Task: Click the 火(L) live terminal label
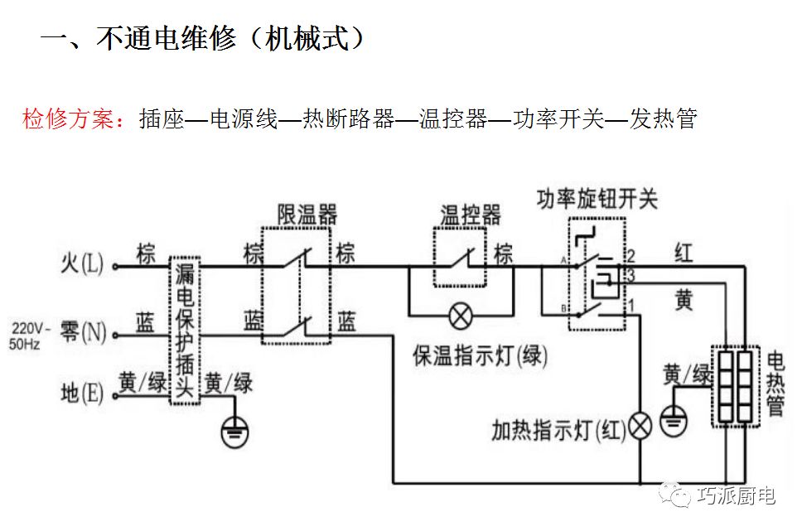[83, 264]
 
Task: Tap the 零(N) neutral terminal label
[84, 334]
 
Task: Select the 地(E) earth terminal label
[83, 393]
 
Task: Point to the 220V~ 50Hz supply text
[30, 335]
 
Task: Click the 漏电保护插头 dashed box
[185, 331]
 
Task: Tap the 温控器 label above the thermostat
[470, 215]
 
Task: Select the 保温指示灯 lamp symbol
[460, 315]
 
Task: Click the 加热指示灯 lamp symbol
[640, 425]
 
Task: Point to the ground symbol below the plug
[236, 430]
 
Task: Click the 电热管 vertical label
[775, 384]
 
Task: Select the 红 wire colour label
[684, 253]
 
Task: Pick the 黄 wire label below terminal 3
[684, 302]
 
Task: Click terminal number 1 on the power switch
[631, 304]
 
